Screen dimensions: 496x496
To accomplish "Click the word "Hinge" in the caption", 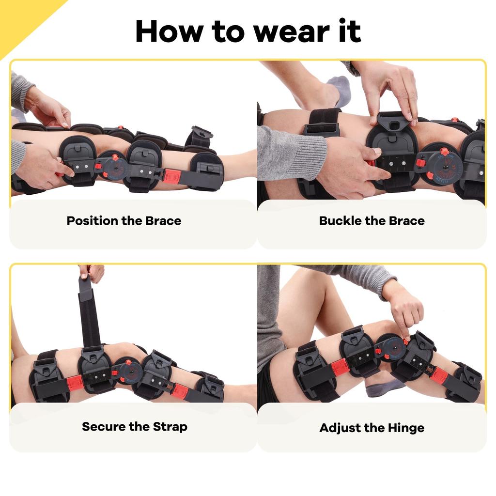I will tap(406, 428).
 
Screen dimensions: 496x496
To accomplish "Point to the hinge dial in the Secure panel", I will tap(129, 371).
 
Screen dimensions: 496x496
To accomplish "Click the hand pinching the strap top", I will tap(92, 272).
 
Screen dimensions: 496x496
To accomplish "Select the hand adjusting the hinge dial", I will tap(404, 310).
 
